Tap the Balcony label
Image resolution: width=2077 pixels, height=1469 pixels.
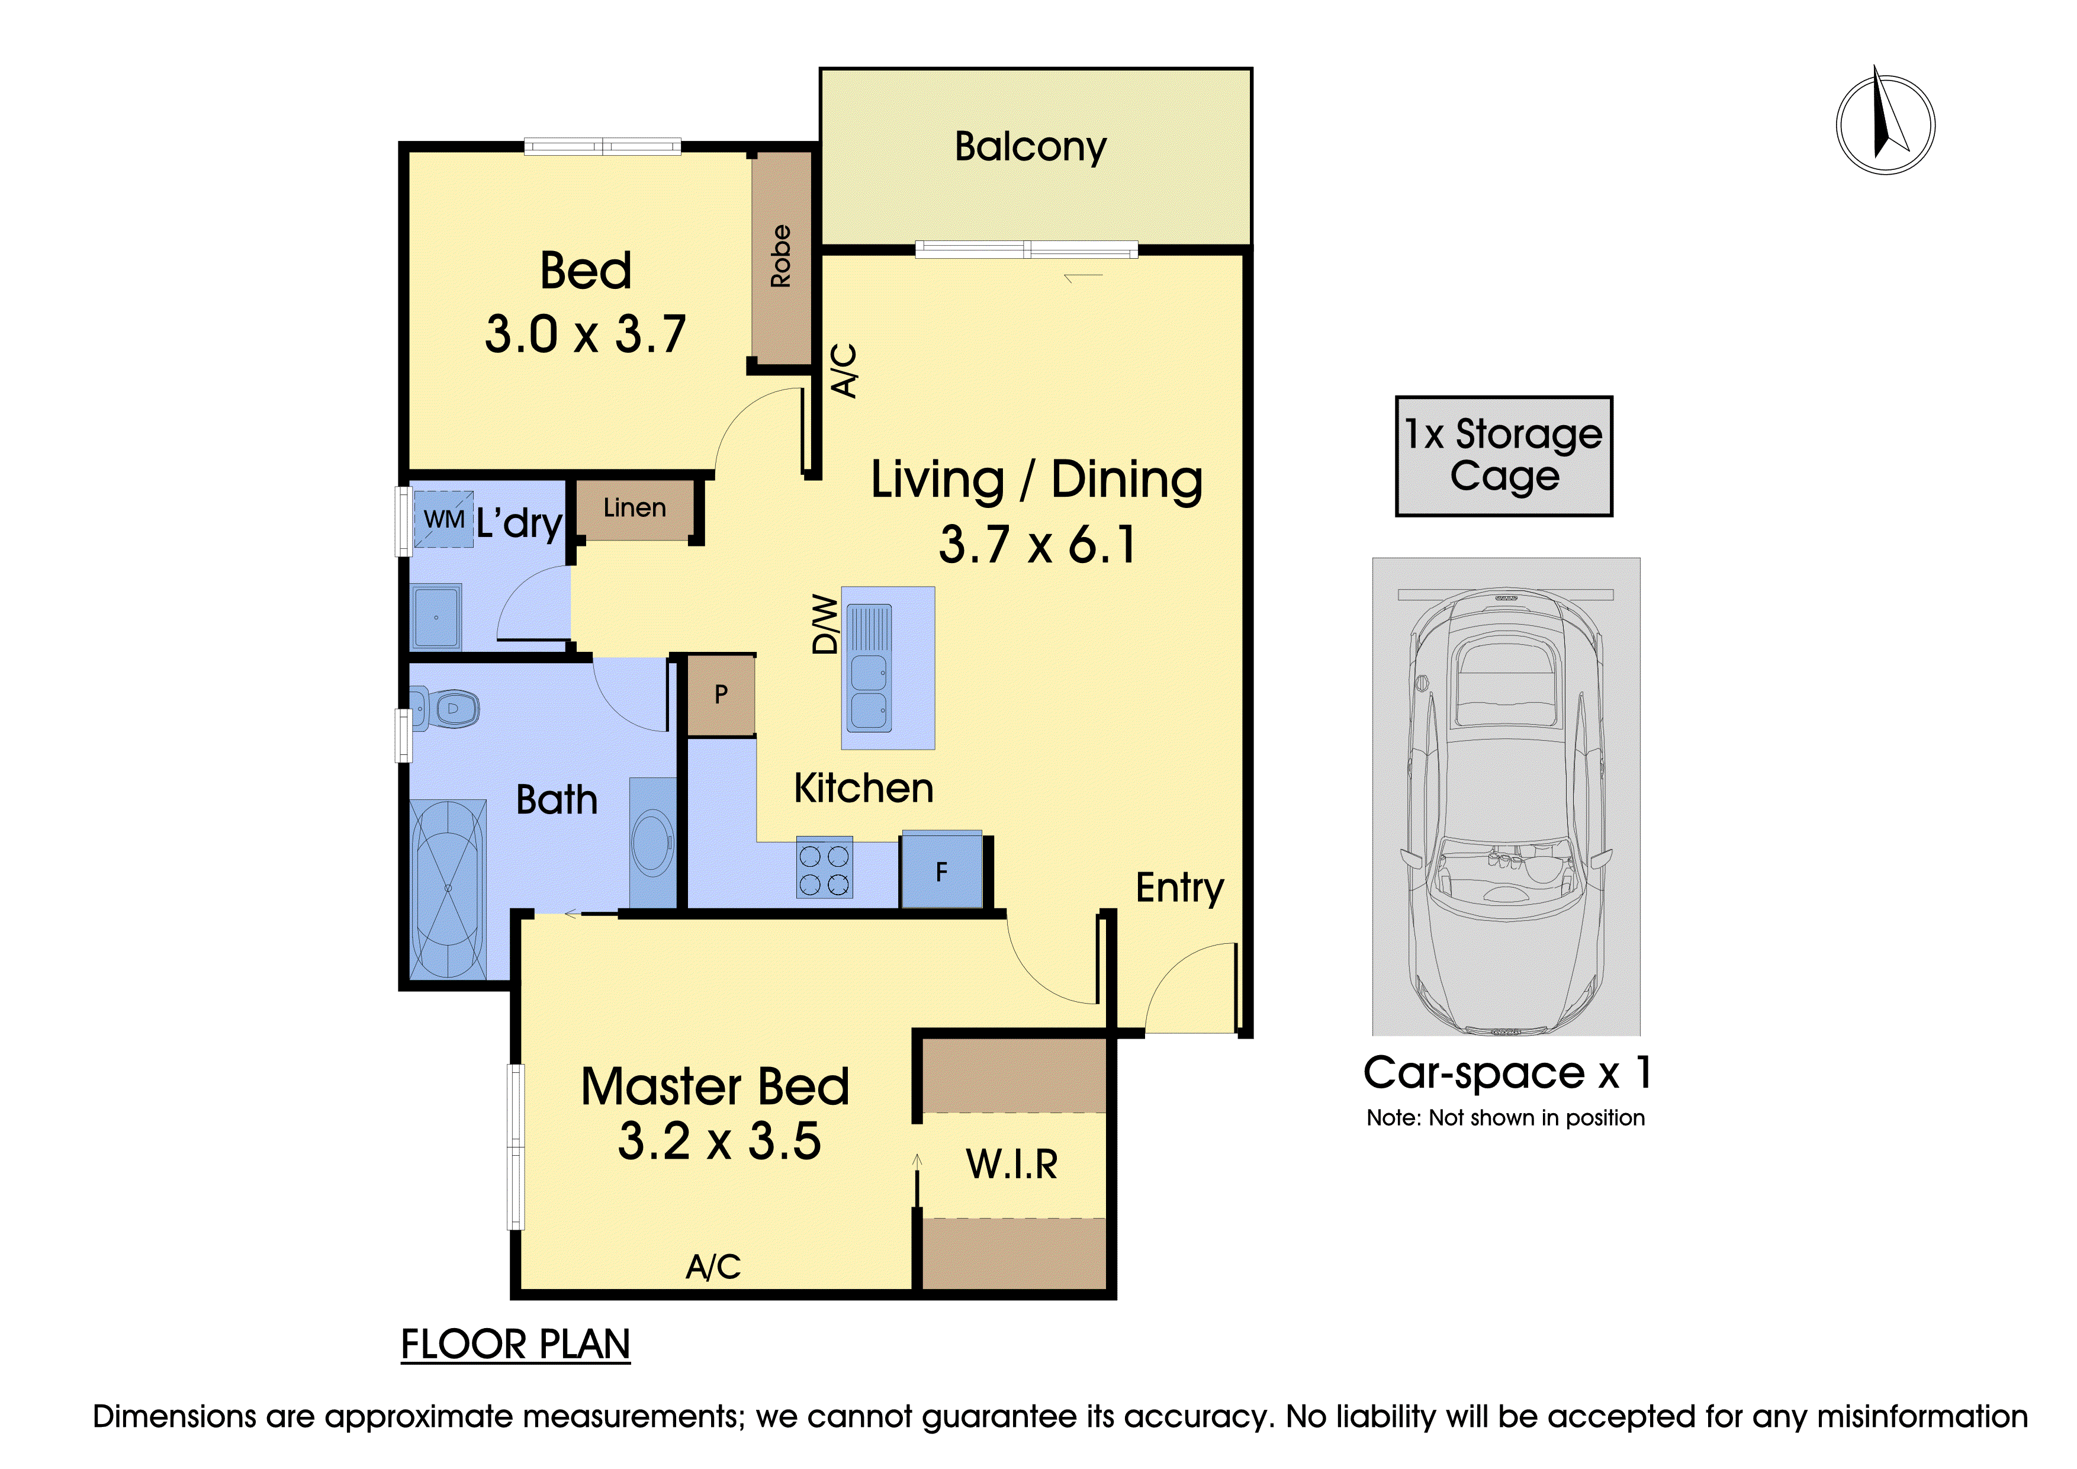click(x=1030, y=146)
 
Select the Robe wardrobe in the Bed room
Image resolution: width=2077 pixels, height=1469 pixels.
click(x=782, y=258)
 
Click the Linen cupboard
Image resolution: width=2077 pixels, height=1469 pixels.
click(x=635, y=510)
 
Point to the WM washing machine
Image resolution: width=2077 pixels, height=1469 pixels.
click(x=443, y=519)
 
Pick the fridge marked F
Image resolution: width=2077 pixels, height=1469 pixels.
click(x=942, y=870)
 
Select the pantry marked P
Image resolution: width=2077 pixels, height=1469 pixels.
click(x=721, y=695)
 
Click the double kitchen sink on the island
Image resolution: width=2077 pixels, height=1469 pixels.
click(x=869, y=667)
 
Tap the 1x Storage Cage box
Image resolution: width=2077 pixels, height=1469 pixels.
click(x=1503, y=456)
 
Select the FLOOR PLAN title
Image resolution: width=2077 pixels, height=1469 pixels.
click(x=516, y=1345)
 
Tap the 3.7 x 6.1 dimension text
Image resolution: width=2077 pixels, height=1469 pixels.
click(x=1037, y=545)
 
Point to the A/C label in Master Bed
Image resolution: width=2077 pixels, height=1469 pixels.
click(x=713, y=1267)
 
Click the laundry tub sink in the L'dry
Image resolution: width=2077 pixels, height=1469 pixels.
click(x=437, y=617)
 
